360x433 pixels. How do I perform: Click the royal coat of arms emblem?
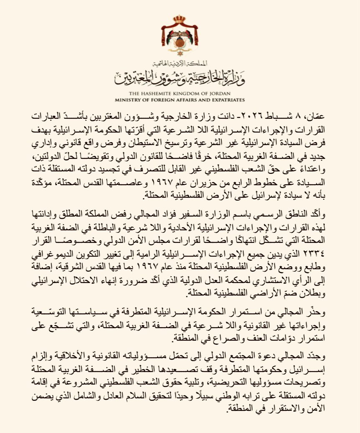[x=180, y=40]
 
